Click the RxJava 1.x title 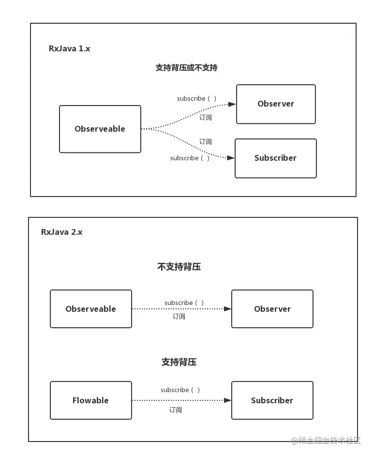(x=69, y=48)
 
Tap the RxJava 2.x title (x=62, y=232)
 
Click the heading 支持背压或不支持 (x=186, y=68)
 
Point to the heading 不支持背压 (x=179, y=267)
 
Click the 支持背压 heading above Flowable (x=179, y=362)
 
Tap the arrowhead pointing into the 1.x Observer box (x=232, y=105)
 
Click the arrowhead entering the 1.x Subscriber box (x=231, y=158)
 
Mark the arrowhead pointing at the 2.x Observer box (x=227, y=309)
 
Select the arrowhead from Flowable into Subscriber (x=227, y=400)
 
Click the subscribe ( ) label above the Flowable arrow (x=180, y=390)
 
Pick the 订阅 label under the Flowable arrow (x=175, y=410)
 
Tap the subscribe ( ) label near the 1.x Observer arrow (x=196, y=98)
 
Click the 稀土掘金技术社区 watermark (x=326, y=441)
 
